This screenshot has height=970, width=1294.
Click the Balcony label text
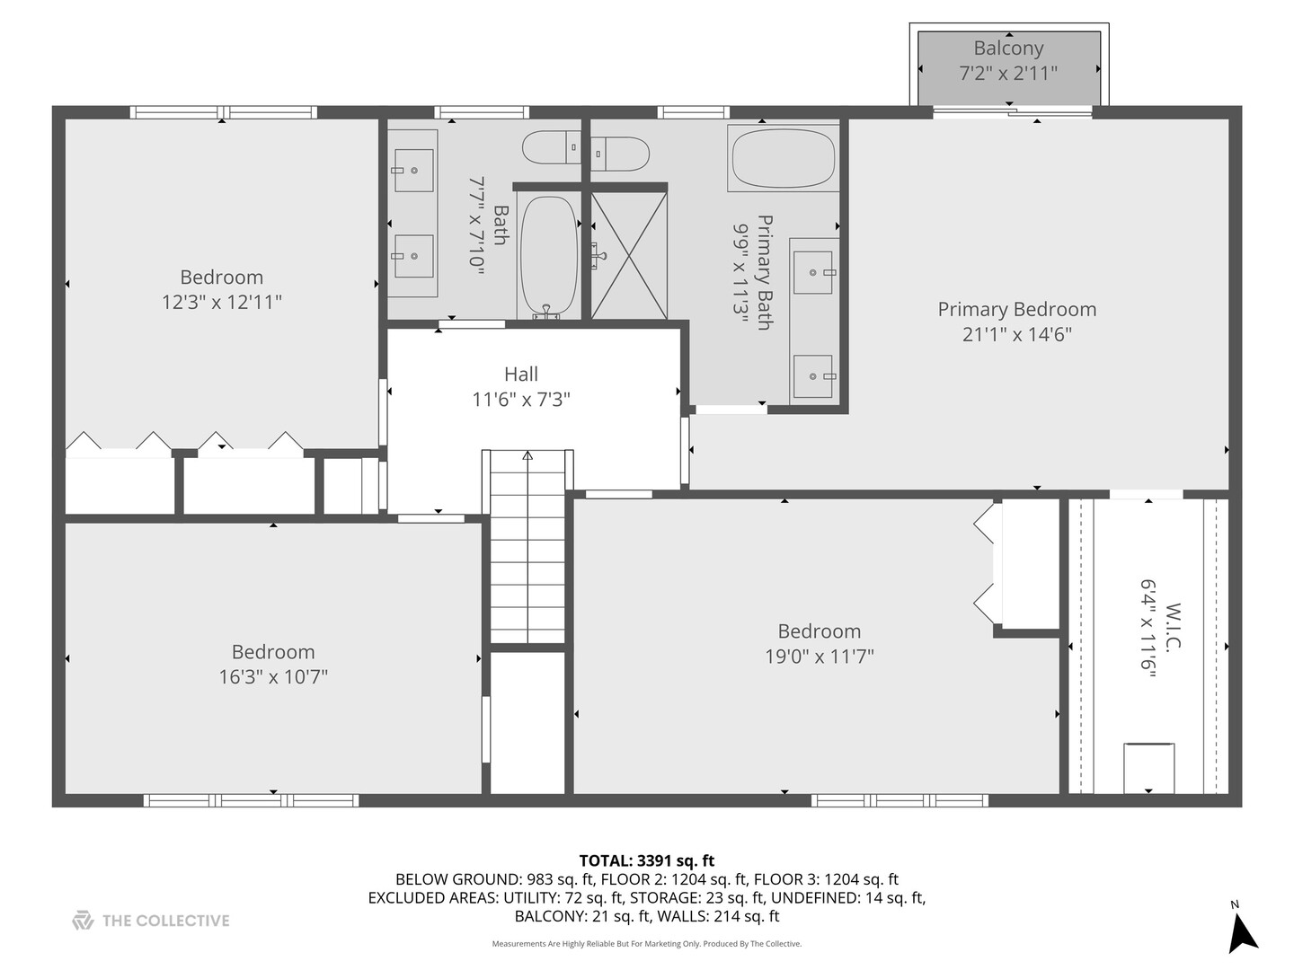pos(1008,48)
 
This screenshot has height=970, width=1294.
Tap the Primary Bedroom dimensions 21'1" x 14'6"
pos(1016,334)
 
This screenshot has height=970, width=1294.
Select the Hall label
pos(521,375)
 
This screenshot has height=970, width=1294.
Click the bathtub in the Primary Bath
pos(784,158)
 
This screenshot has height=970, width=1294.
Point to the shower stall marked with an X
pos(629,255)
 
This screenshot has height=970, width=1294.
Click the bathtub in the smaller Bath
pos(548,255)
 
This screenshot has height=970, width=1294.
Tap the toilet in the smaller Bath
pos(551,146)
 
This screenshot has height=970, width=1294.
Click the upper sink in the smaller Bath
pos(413,170)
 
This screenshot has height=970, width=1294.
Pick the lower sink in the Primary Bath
pos(813,375)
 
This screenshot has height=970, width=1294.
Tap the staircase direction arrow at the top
pos(527,456)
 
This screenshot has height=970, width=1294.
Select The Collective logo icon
pos(83,921)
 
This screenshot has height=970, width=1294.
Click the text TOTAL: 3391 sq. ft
pos(646,860)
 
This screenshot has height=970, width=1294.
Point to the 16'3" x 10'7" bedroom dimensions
pos(273,677)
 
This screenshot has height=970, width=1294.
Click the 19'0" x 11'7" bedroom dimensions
pos(819,657)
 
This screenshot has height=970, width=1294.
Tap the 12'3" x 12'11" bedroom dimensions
pos(222,303)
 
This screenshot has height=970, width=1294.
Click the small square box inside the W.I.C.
pos(1148,768)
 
